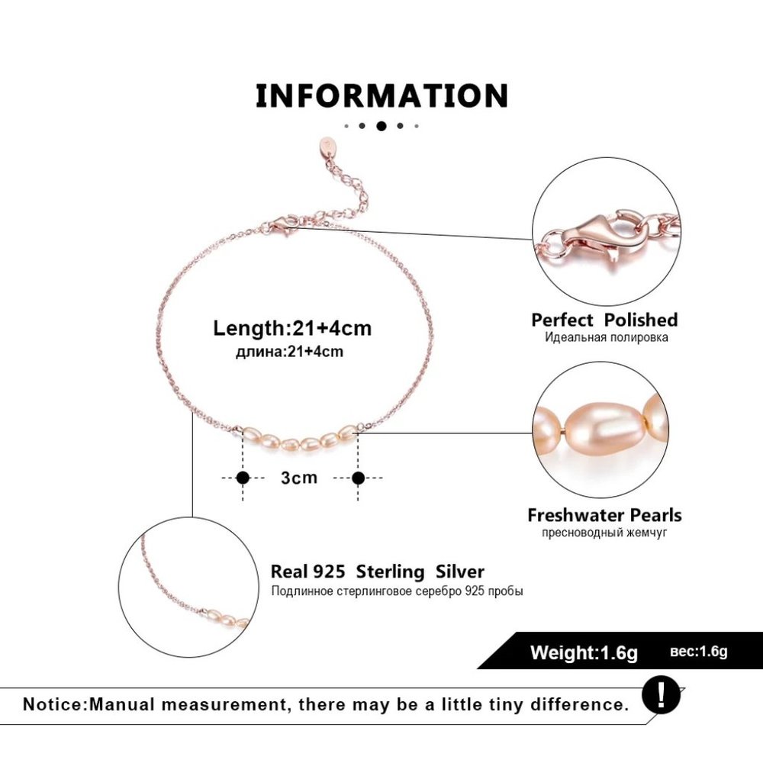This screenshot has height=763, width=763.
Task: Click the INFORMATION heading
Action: pyautogui.click(x=382, y=95)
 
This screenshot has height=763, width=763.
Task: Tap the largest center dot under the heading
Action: pyautogui.click(x=381, y=126)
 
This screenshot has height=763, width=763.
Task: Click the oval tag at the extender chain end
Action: pyautogui.click(x=327, y=145)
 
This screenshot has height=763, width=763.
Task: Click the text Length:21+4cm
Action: pyautogui.click(x=292, y=328)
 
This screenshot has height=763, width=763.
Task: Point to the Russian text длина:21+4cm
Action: pyautogui.click(x=289, y=351)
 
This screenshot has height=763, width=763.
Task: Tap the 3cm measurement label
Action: pyautogui.click(x=299, y=478)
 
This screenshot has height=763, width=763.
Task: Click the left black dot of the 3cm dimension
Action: pyautogui.click(x=243, y=478)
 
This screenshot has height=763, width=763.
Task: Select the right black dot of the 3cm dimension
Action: pyautogui.click(x=358, y=478)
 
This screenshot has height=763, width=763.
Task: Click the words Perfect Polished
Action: pyautogui.click(x=604, y=320)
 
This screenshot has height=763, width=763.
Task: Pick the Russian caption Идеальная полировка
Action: pyautogui.click(x=606, y=338)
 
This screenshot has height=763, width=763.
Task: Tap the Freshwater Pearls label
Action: pyautogui.click(x=604, y=515)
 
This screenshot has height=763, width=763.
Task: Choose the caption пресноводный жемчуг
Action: pyautogui.click(x=604, y=533)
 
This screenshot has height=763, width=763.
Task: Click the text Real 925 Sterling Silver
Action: pyautogui.click(x=378, y=571)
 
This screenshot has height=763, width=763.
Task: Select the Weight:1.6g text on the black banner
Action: pyautogui.click(x=584, y=652)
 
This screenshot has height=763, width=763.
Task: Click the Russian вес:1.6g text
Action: pyautogui.click(x=699, y=651)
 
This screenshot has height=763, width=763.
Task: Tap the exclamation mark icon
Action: pyautogui.click(x=661, y=696)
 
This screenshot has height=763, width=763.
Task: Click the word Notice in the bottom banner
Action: pyautogui.click(x=54, y=704)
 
